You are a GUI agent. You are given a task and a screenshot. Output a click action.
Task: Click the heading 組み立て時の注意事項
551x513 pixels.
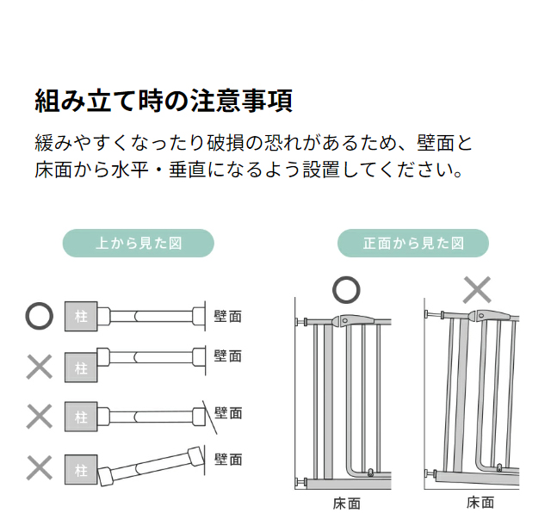(164, 101)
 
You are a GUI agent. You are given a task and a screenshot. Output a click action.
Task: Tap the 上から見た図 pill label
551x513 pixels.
(138, 244)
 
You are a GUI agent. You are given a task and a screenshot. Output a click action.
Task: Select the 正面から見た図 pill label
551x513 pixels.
(413, 244)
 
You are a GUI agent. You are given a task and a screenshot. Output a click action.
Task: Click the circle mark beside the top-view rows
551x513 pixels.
(39, 316)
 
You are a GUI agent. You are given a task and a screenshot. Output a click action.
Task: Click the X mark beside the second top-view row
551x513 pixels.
(39, 367)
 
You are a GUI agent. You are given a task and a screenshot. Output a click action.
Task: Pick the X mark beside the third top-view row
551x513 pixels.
(39, 417)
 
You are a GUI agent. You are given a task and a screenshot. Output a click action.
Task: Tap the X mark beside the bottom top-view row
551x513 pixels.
(39, 468)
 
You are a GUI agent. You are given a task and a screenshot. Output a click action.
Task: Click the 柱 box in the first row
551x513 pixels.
(81, 317)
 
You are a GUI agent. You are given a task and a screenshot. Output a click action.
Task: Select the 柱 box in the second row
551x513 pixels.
(81, 368)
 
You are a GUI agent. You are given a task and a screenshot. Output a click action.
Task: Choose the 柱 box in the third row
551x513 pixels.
(81, 417)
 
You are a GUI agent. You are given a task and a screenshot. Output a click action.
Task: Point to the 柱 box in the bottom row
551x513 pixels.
(81, 470)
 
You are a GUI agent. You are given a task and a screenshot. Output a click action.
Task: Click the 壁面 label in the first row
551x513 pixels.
(228, 317)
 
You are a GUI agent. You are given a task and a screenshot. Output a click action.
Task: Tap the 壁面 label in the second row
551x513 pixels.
(228, 355)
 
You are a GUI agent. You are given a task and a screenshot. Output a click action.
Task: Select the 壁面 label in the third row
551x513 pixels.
(228, 413)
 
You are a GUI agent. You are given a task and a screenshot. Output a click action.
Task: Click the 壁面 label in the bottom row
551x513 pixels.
(228, 459)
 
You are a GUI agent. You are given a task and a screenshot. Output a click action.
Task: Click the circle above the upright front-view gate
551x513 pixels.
(346, 290)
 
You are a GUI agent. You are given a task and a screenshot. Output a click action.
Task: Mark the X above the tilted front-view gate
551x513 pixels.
(476, 290)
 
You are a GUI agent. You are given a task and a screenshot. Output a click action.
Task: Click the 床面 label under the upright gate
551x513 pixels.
(346, 503)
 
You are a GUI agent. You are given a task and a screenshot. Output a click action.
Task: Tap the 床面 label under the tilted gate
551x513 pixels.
(480, 503)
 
